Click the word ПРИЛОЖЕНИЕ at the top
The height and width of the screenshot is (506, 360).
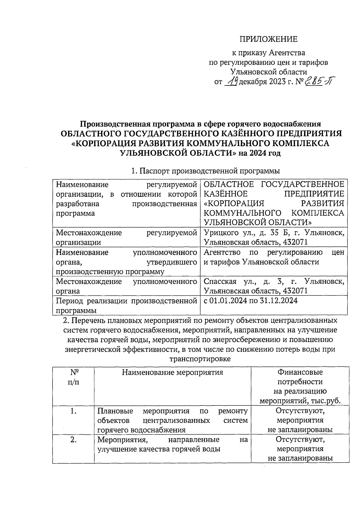[x=268, y=39]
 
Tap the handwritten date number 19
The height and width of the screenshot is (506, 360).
[x=232, y=81]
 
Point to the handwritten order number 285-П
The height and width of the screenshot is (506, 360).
[x=319, y=81]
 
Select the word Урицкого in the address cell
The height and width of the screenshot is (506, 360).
[x=220, y=233]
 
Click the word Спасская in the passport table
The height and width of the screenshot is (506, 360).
[x=220, y=282]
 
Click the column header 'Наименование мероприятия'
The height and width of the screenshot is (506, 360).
[x=172, y=373]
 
